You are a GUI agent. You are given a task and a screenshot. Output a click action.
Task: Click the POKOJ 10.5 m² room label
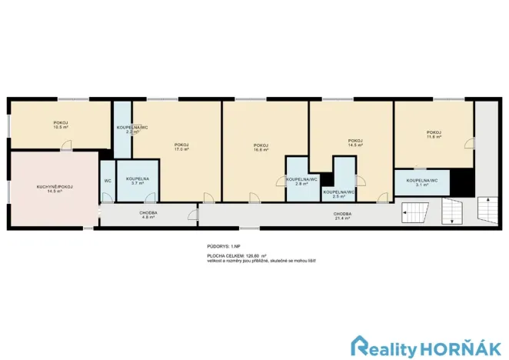pyautogui.click(x=58, y=124)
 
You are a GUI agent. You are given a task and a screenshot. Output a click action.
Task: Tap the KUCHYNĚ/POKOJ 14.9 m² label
pyautogui.click(x=49, y=188)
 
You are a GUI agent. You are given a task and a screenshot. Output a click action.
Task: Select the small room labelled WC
pyautogui.click(x=107, y=181)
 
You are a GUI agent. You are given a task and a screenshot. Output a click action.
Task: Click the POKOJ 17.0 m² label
pyautogui.click(x=181, y=147)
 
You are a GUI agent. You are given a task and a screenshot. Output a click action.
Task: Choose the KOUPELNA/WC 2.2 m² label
pyautogui.click(x=128, y=128)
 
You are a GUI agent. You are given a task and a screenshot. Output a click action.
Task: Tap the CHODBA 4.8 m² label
pyautogui.click(x=148, y=215)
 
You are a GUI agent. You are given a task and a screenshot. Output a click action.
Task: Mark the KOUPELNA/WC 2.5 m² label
pyautogui.click(x=338, y=193)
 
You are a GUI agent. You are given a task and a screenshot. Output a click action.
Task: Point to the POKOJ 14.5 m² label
pyautogui.click(x=355, y=142)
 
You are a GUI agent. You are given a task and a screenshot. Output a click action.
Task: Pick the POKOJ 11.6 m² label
pyautogui.click(x=434, y=135)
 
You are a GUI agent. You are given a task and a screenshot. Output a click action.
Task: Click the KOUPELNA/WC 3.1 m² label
pyautogui.click(x=422, y=182)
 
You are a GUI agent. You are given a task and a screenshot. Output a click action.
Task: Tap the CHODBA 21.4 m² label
pyautogui.click(x=343, y=216)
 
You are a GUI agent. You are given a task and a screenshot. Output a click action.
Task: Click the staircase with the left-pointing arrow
pyautogui.click(x=417, y=212)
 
